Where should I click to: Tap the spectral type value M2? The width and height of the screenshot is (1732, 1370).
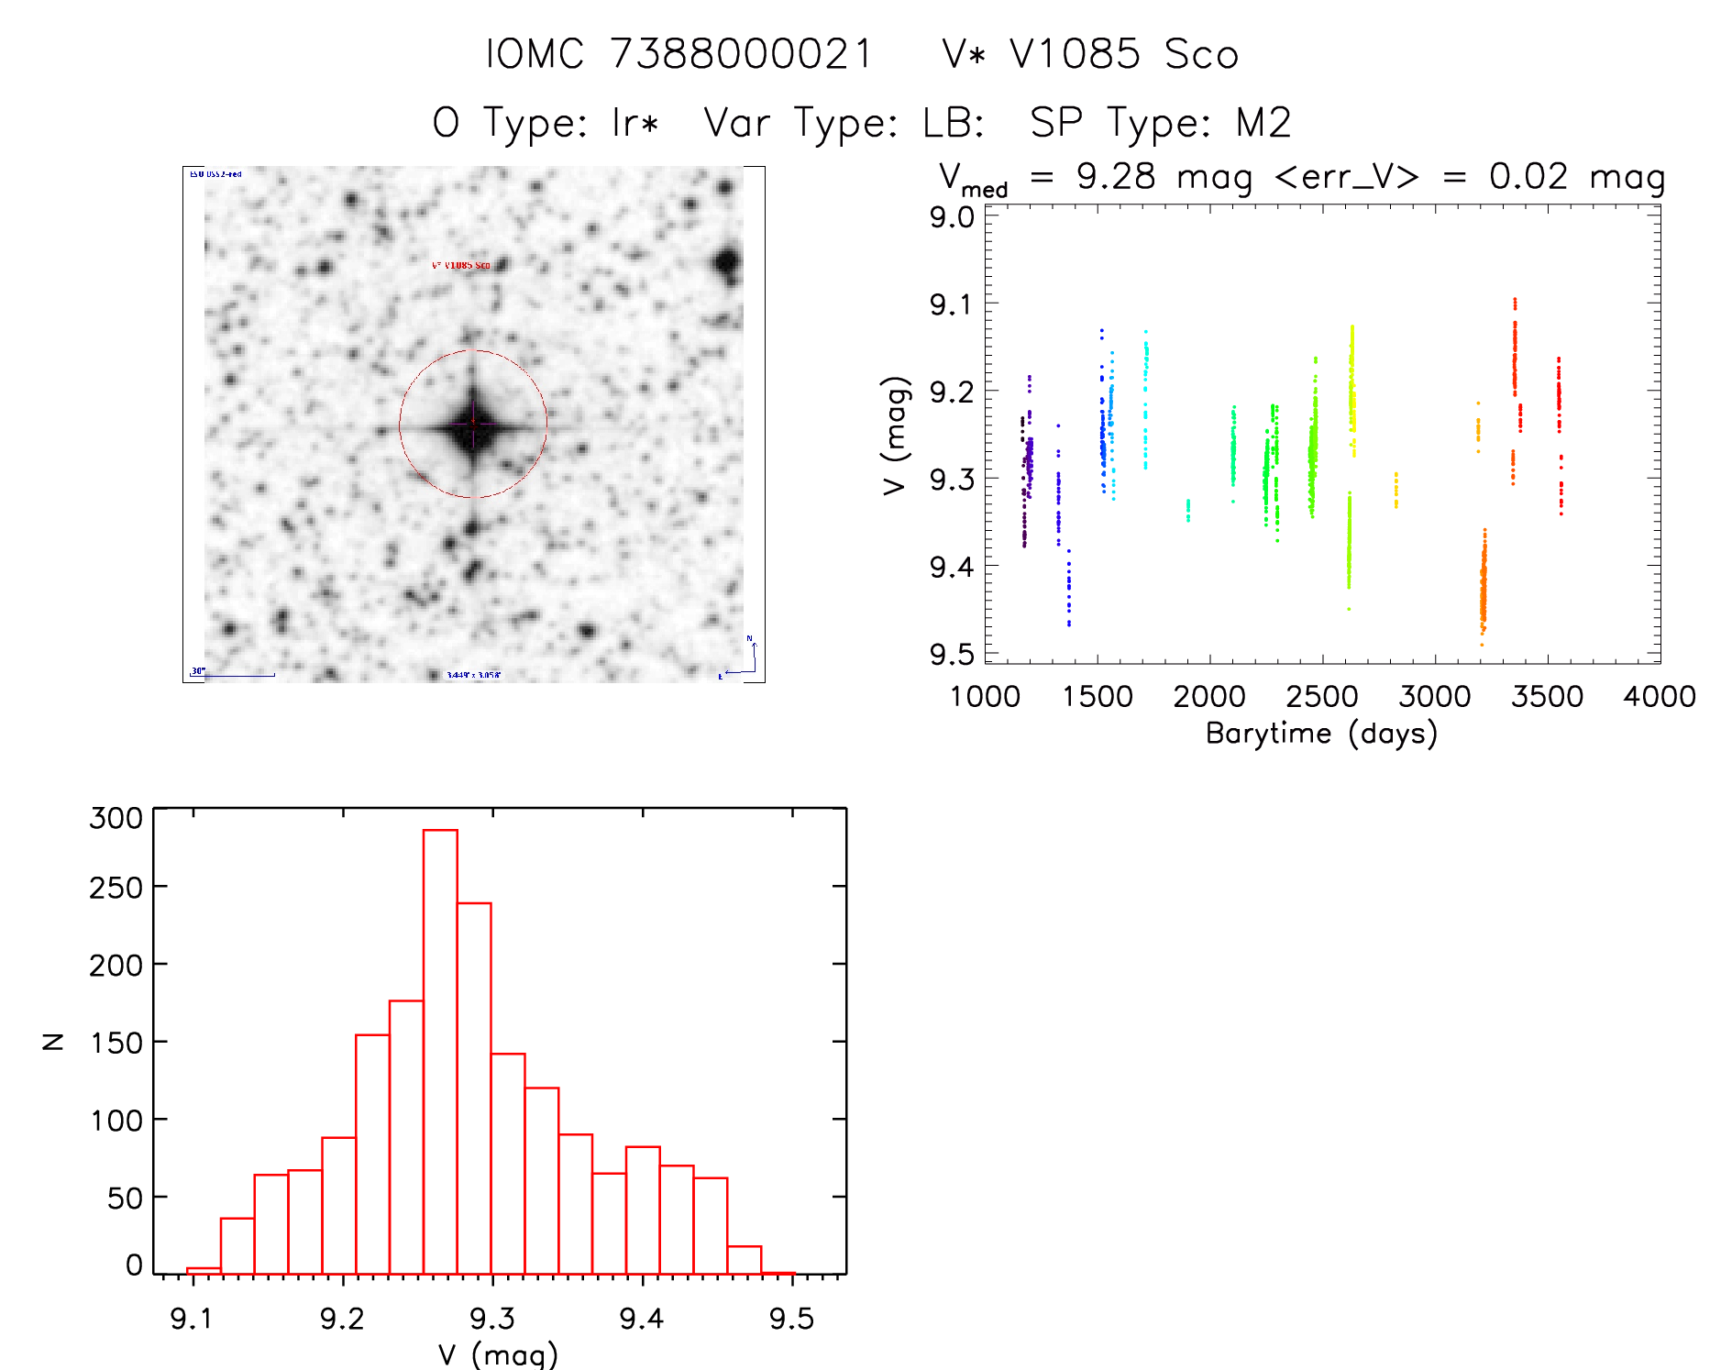(x=1263, y=123)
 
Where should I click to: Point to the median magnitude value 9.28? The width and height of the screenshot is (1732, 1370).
(x=1116, y=176)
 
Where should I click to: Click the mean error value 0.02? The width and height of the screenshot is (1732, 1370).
(x=1528, y=176)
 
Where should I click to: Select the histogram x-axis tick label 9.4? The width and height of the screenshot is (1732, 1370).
(x=641, y=1319)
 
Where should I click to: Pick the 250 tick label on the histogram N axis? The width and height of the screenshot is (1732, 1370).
(x=116, y=887)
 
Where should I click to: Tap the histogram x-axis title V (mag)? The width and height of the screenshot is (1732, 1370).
(x=498, y=1354)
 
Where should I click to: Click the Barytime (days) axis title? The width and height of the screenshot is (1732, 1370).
(x=1321, y=734)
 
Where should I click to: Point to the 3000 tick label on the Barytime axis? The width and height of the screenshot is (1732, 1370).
(x=1435, y=697)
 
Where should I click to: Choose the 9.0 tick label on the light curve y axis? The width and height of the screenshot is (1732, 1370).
(x=951, y=217)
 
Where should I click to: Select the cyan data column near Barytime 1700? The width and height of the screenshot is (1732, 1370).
(x=1145, y=394)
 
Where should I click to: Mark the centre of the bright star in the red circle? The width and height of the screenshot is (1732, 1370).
(x=473, y=425)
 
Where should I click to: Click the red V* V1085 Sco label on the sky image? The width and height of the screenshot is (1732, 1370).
(x=461, y=265)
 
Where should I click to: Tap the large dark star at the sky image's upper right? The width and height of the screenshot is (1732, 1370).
(x=728, y=261)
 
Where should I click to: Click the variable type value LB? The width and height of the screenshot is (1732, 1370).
(x=953, y=123)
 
